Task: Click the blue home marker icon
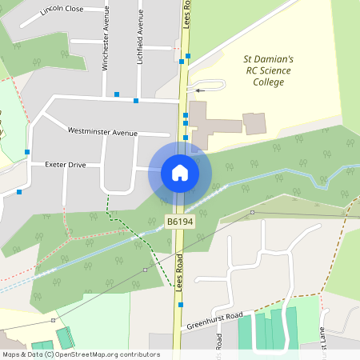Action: pos(179,173)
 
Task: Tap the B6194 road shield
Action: pos(180,221)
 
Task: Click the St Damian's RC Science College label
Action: pos(269,70)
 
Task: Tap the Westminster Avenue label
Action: pos(102,131)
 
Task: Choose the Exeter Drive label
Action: pos(66,165)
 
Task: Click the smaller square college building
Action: pos(254,123)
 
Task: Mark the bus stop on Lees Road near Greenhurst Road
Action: pos(182,305)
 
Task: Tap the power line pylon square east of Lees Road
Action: pos(252,212)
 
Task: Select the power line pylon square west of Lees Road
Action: pos(145,270)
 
